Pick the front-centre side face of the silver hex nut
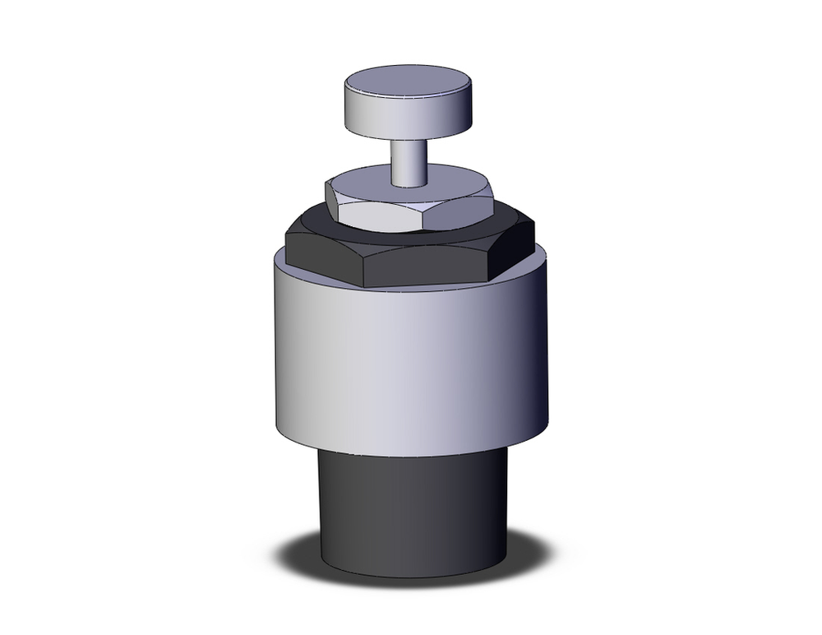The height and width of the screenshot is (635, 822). pos(382,215)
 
